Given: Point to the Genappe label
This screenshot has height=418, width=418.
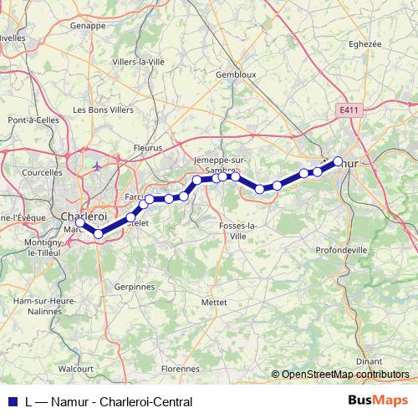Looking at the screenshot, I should [x=89, y=26].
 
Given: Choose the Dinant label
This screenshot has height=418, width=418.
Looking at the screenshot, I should [x=369, y=361].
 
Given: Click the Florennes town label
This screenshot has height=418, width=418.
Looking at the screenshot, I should [x=181, y=367].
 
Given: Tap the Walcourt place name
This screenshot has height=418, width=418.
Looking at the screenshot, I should [x=76, y=367].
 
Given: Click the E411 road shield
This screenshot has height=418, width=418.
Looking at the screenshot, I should [x=349, y=110].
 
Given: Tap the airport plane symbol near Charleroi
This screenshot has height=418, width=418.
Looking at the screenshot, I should [x=98, y=166].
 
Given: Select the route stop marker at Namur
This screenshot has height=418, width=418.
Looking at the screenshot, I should [x=338, y=161].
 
